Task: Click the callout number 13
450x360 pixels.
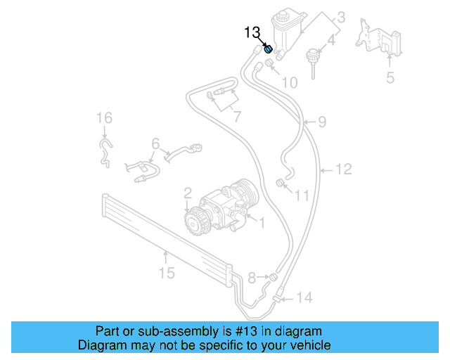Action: [x=252, y=32]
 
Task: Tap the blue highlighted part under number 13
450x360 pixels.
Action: [x=269, y=49]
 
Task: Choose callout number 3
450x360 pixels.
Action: [x=340, y=18]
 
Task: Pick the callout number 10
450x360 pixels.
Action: [x=289, y=83]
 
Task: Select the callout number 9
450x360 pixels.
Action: [x=321, y=122]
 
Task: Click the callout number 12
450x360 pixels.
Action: [x=343, y=169]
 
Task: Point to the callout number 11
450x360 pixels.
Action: [x=301, y=195]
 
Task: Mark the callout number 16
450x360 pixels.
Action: [x=104, y=117]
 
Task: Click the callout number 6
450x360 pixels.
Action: [x=155, y=143]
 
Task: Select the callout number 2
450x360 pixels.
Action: [x=188, y=192]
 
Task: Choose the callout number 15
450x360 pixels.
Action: [x=166, y=272]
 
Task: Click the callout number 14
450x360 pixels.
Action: [x=303, y=297]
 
